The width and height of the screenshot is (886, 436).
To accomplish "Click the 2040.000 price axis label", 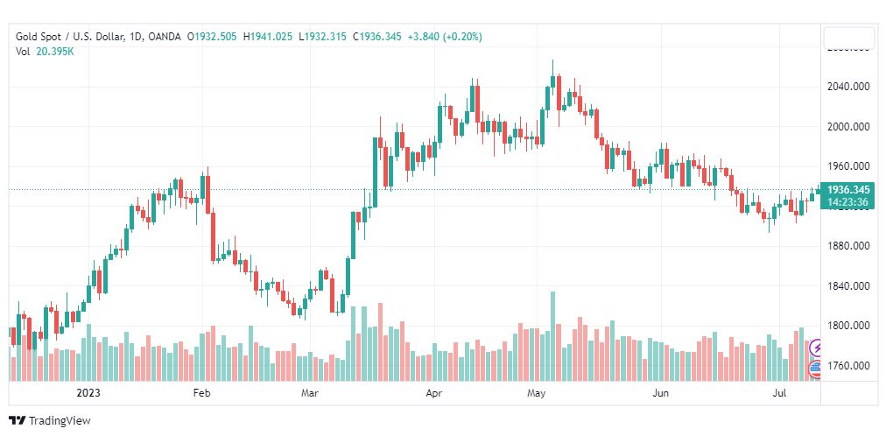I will click(x=848, y=87).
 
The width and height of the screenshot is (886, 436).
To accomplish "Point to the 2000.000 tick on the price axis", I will click(x=848, y=126).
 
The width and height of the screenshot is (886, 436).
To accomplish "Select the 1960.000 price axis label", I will click(x=848, y=166).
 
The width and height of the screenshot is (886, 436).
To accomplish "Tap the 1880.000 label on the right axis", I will click(x=848, y=246).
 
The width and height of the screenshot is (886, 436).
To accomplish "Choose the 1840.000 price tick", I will click(x=848, y=286).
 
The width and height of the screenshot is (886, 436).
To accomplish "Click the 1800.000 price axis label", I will click(x=848, y=326).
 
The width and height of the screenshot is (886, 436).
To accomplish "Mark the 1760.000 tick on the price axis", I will click(x=848, y=366).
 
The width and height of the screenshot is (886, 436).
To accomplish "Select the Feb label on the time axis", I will click(x=202, y=394).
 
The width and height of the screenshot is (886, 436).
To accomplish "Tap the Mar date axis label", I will click(x=309, y=394).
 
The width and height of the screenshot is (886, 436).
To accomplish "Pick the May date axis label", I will click(x=536, y=394).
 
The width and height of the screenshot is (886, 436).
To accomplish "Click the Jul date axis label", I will click(x=782, y=394).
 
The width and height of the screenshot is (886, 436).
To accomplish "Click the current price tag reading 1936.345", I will click(x=847, y=189).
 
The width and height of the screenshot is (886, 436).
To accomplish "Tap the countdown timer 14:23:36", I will click(x=847, y=202).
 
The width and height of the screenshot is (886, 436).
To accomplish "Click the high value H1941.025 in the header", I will click(x=268, y=37).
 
